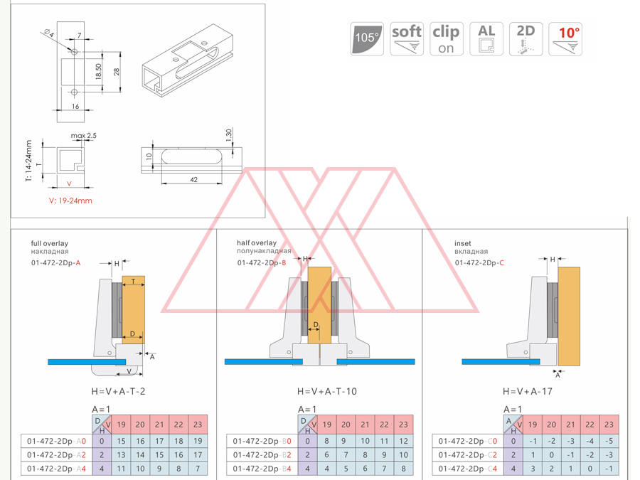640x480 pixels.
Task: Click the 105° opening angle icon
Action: [x=367, y=38]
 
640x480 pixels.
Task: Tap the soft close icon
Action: [x=407, y=38]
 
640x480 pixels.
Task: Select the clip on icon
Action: [x=446, y=38]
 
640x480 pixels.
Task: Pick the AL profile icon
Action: [x=486, y=38]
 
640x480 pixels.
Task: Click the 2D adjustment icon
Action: [x=526, y=38]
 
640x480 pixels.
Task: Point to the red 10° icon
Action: [x=566, y=38]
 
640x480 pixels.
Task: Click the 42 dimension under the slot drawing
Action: [x=193, y=180]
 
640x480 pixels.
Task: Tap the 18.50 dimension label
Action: [x=98, y=72]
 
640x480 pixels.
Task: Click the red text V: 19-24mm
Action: [x=70, y=201]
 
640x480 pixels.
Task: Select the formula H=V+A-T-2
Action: [x=118, y=391]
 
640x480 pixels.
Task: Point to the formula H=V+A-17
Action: [x=528, y=391]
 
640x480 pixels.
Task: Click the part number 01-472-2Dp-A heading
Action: [x=55, y=262]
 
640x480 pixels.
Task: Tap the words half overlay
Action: [x=257, y=243]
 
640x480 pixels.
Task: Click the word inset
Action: [x=462, y=243]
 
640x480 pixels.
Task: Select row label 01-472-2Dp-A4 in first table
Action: [x=56, y=469]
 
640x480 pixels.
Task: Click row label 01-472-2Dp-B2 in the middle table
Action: [x=262, y=455]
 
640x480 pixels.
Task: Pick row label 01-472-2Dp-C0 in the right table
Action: [x=467, y=441]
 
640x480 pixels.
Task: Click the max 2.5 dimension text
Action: [x=83, y=135]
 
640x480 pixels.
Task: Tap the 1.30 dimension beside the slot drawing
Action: [x=228, y=134]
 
